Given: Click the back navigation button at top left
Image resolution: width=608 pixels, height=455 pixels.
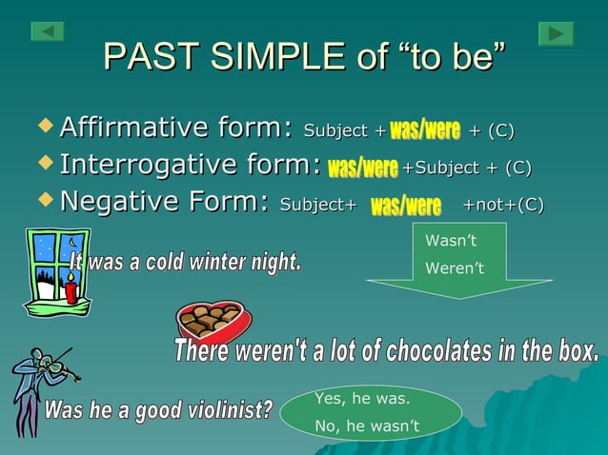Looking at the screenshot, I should tap(48, 32).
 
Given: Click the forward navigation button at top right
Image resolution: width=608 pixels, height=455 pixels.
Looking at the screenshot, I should tap(556, 33).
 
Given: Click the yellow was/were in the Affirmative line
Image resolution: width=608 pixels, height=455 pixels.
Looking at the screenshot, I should tap(425, 129).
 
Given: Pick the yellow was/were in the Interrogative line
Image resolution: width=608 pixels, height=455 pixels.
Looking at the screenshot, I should tap(362, 168).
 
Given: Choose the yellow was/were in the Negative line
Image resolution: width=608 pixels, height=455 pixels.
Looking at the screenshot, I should tap(405, 206).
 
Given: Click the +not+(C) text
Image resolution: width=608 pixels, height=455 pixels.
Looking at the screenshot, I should tap(502, 205).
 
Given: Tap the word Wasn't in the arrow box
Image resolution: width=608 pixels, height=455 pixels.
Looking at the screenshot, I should tap(451, 243).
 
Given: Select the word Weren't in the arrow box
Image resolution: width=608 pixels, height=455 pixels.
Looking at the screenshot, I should tap(455, 268).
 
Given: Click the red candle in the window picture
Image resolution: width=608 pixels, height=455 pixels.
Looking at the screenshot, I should tap(70, 287).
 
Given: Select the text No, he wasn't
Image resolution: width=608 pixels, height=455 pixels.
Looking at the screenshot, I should tap(367, 425).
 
